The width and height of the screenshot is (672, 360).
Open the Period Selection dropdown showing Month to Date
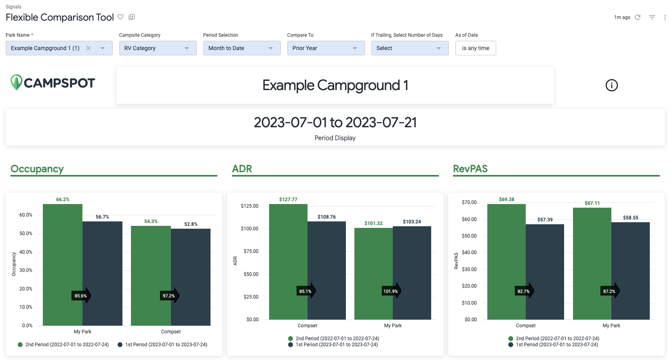pos(242,48)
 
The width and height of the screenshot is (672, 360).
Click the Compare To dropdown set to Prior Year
pos(326,48)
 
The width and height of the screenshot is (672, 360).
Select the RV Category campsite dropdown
pos(158,48)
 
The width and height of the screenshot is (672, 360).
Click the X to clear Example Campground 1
pos(88,48)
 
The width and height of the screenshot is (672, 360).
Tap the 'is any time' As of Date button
pos(475,48)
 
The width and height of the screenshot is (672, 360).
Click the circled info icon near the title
pos(611,85)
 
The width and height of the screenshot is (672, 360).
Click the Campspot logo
pos(53,83)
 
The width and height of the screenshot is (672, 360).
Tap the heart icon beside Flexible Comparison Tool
pos(120,17)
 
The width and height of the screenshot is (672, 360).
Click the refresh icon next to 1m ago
pos(638,17)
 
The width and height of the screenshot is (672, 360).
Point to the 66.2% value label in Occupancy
pos(63,200)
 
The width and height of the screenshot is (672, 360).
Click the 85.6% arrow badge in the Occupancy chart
pos(81,296)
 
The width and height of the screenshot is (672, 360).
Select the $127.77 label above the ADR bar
pos(288,200)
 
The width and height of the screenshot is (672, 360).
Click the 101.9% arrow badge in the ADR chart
pos(391,291)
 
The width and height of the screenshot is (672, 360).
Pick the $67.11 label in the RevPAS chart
pos(592,203)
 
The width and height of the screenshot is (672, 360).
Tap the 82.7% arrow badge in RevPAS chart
pos(525,291)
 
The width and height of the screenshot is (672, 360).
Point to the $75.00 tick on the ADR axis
pos(249,251)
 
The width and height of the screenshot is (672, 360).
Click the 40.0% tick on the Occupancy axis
pos(26,252)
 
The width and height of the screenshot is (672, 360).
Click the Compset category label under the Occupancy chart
pos(171,332)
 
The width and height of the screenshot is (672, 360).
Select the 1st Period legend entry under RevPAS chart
pos(554,345)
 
